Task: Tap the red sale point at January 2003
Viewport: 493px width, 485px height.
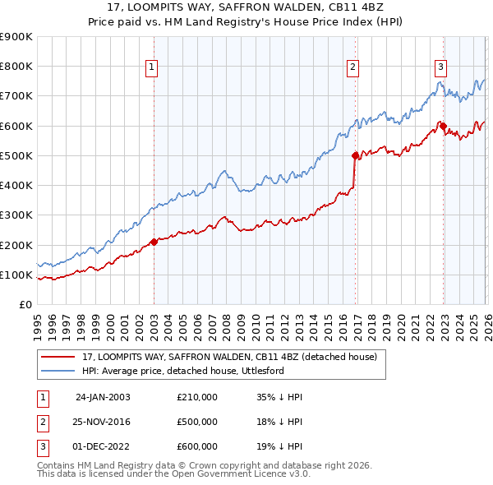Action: pyautogui.click(x=154, y=242)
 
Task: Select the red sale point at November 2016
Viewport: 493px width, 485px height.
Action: pyautogui.click(x=355, y=155)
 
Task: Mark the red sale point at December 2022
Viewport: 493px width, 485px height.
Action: pyautogui.click(x=442, y=126)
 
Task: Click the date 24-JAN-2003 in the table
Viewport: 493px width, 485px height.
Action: pyautogui.click(x=103, y=397)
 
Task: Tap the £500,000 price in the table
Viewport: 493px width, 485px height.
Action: pyautogui.click(x=197, y=422)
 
